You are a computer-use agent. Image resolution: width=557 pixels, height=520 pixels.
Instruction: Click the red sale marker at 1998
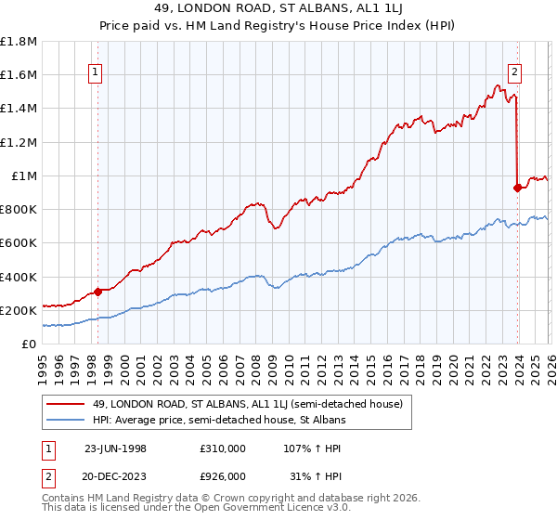coord(97,292)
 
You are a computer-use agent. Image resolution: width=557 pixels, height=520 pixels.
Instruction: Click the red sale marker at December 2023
coord(517,188)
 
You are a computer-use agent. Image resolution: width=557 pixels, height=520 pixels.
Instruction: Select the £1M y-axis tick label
coord(24,176)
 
